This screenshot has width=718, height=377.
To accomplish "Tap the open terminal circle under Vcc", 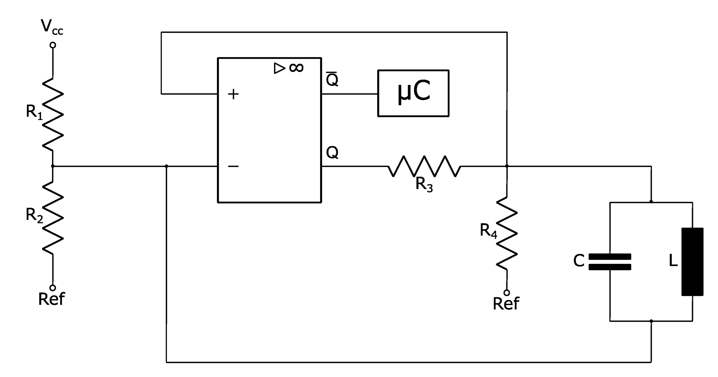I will point(53,45).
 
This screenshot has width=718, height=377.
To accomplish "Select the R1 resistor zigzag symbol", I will point(53,115).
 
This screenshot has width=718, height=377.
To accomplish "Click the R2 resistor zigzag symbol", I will point(53,218).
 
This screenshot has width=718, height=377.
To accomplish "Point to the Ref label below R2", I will point(51,299).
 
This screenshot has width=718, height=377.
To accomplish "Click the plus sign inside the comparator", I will point(233,94).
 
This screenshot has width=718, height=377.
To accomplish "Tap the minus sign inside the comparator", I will point(233,166).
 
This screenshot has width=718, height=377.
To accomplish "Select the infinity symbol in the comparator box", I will point(296,68).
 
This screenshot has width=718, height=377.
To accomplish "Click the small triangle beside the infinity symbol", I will point(279,68).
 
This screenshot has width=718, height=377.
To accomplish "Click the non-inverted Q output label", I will point(332,152).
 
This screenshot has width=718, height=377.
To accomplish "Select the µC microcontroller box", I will point(413,93).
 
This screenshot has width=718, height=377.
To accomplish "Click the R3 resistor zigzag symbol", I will point(424,166).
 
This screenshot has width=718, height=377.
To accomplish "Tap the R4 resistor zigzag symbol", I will point(507,233).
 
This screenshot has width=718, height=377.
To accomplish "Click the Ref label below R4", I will point(506,303).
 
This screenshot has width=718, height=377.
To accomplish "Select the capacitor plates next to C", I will point(610,262).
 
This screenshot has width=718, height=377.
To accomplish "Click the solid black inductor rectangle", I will point(692,261).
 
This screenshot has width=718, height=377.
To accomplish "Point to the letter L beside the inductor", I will point(673,261).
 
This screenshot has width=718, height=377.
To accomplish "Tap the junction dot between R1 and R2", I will point(53,166).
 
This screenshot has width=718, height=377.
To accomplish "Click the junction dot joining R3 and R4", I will point(507,166).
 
